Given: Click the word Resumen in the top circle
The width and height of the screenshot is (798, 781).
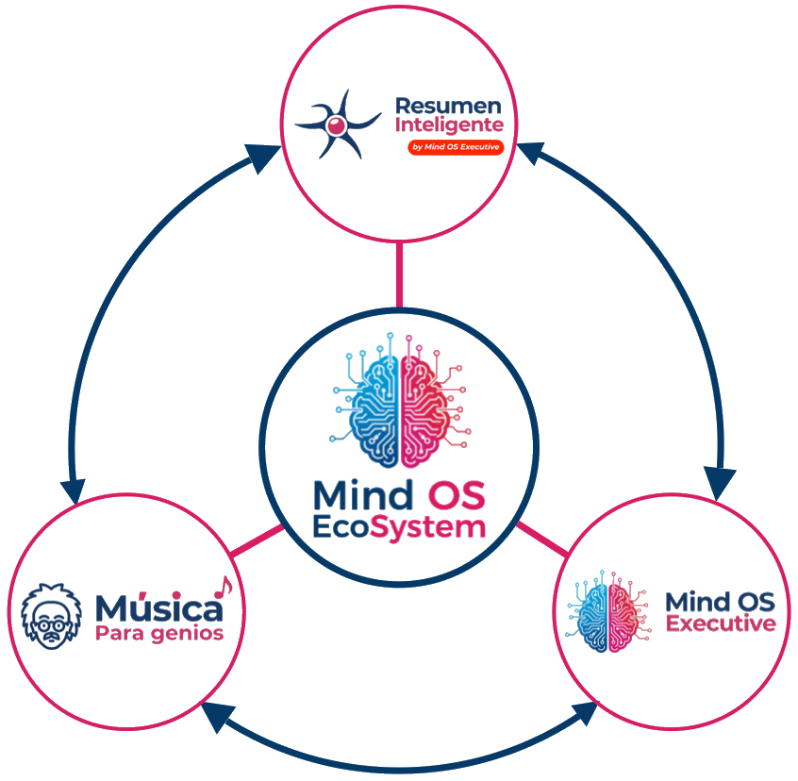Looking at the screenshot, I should (448, 105).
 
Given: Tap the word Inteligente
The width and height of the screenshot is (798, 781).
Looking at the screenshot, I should (449, 125).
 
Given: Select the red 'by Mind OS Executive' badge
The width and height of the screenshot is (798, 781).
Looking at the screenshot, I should (455, 148).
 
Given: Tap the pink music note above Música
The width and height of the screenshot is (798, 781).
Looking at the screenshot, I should (221, 587).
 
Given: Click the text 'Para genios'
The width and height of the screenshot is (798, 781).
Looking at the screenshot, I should (158, 633).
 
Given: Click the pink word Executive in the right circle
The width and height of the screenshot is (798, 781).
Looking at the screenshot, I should (721, 623).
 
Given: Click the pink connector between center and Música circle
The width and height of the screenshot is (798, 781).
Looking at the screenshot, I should (256, 541).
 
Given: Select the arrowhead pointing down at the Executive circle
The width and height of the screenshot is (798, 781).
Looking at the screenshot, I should (721, 483).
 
